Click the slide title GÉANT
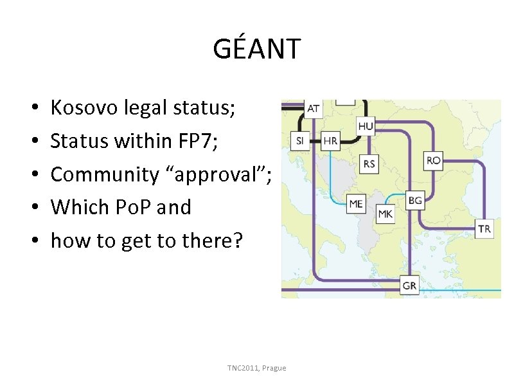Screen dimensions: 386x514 tap(256, 49)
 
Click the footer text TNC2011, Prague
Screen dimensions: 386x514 tap(256, 368)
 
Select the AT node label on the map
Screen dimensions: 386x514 tap(313, 108)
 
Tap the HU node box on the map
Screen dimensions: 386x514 tap(366, 126)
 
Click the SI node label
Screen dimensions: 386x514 tap(300, 141)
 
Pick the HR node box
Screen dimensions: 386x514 tap(330, 141)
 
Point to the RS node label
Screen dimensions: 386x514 tap(369, 164)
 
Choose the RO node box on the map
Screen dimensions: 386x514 tap(433, 160)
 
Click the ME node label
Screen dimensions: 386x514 tap(356, 204)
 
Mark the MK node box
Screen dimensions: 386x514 tap(385, 214)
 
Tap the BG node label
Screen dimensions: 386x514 tap(415, 201)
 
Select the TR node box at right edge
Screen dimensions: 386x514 tap(484, 228)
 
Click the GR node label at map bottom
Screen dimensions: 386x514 tap(409, 286)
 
